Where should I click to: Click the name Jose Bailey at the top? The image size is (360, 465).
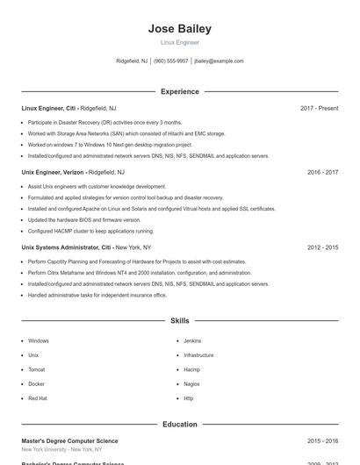point(180,29)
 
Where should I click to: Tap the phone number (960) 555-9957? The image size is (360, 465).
point(171,61)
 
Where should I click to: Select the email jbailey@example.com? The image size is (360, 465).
point(219,61)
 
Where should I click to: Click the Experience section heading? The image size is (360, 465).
point(180,91)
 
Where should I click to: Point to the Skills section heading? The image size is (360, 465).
point(180,321)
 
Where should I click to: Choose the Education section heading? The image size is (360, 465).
point(180,424)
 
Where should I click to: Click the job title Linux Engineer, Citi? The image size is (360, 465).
point(49,108)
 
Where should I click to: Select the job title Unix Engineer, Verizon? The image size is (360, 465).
point(53,173)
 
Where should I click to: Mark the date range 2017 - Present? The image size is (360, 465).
point(319,108)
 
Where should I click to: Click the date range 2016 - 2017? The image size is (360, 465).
point(322,173)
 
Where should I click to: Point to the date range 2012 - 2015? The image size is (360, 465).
point(322,247)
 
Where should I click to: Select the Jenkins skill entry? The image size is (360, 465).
point(192,340)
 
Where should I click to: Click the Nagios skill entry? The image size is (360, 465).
point(191,383)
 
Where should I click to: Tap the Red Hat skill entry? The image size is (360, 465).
point(38,398)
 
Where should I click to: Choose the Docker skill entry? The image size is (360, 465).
point(36,383)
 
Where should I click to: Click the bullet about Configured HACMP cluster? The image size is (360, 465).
point(90,231)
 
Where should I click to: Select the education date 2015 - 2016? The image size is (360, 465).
point(322,440)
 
